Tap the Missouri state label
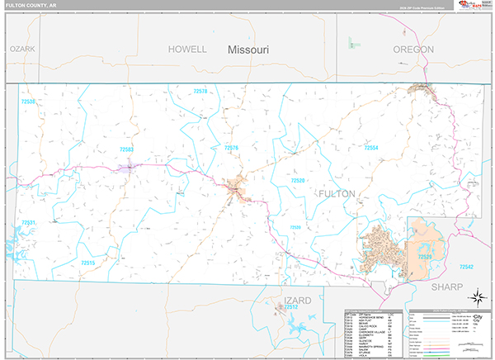[248, 50]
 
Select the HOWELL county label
[187, 50]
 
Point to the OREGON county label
[413, 50]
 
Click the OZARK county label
[23, 50]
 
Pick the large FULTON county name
[337, 193]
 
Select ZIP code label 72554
[371, 148]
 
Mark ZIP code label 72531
[29, 223]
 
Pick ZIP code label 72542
[466, 267]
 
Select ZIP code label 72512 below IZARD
[290, 306]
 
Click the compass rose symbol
[476, 298]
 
